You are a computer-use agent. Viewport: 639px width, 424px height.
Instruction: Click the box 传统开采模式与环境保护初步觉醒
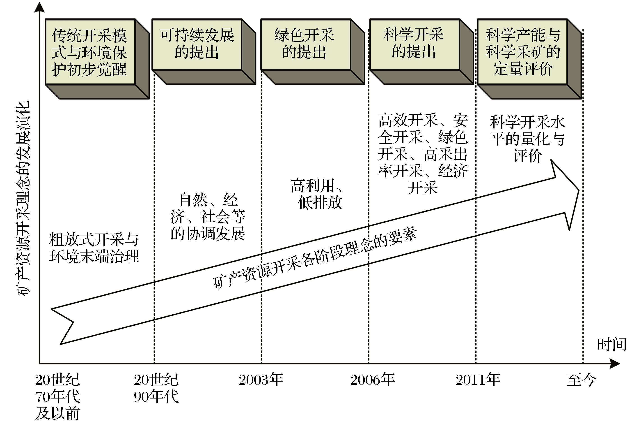(90, 52)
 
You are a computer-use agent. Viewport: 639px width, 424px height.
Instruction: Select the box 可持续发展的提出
(197, 44)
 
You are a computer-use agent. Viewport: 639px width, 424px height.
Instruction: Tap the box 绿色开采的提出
(305, 44)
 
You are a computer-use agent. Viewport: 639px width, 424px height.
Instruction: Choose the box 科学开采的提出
(414, 44)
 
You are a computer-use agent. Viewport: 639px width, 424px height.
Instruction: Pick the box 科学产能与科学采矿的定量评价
(522, 52)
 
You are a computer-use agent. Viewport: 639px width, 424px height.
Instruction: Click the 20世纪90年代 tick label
(156, 388)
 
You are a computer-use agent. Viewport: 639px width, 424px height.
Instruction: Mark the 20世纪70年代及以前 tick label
(57, 396)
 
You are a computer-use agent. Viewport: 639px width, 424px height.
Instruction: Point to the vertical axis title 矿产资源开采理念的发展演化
(24, 199)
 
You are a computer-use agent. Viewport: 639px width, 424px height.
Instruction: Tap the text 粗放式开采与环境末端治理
(94, 248)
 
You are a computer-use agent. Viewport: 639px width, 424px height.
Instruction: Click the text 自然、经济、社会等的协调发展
(208, 217)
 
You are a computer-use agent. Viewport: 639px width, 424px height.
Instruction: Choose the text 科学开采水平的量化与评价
(527, 139)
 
